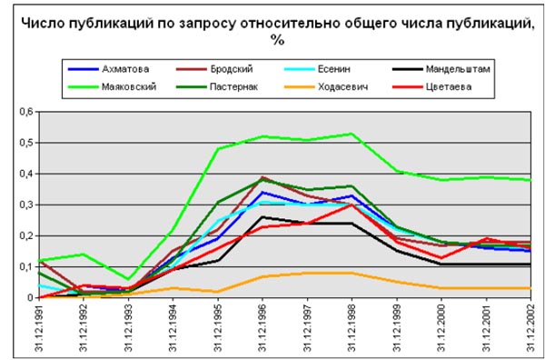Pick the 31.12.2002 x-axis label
[x=530, y=327]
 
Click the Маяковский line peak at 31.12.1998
[x=352, y=134]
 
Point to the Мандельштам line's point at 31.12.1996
[x=263, y=216]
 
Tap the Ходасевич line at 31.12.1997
[x=307, y=273]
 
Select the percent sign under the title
[x=273, y=41]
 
